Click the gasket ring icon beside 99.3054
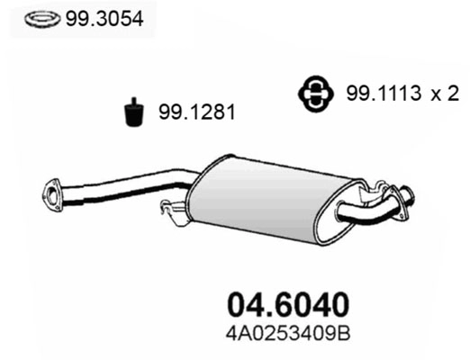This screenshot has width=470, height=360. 37,17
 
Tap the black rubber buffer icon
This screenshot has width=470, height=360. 132,112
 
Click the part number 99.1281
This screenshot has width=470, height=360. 193,112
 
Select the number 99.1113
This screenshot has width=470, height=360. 379,93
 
